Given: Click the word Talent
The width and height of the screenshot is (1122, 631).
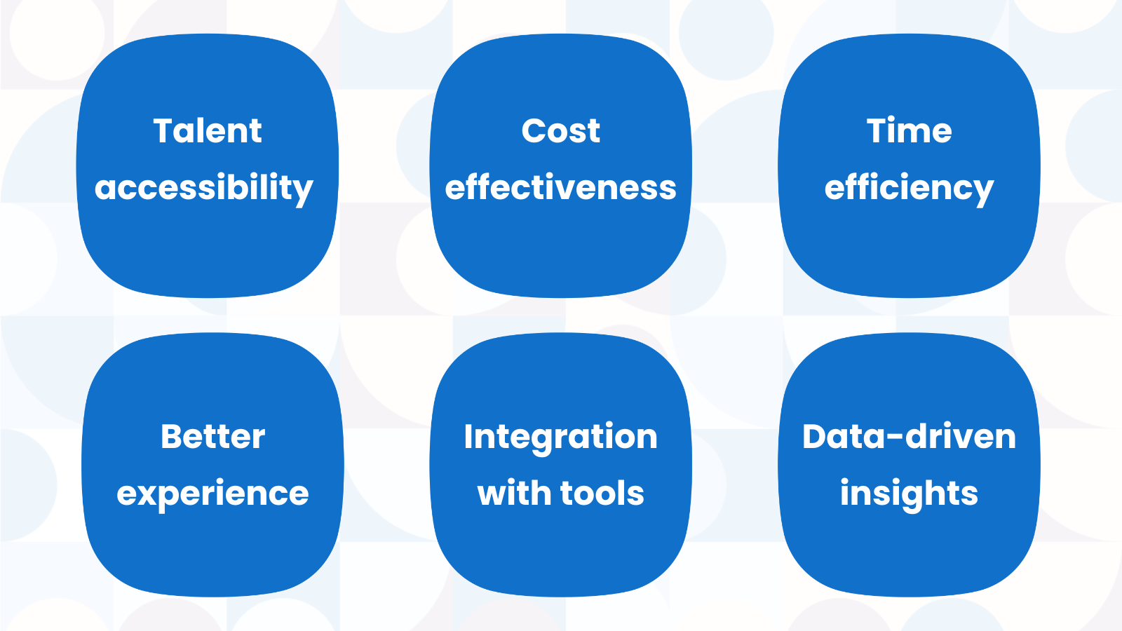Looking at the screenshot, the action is point(208,130).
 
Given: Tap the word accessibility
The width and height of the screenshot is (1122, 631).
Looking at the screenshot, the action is point(204,189).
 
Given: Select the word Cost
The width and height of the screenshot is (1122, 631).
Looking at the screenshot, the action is point(560,131).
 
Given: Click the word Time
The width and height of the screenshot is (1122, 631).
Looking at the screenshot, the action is point(909,130).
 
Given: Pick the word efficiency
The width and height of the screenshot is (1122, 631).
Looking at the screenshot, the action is point(909,189).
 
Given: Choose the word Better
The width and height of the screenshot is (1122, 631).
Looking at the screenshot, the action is point(213,437).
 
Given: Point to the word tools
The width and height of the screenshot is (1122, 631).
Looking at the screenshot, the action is point(602,493).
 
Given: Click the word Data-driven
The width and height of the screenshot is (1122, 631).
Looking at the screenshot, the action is point(909,437).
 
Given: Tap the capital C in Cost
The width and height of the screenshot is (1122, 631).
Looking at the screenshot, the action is point(534,131).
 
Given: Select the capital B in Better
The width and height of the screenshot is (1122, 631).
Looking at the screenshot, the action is point(172,437).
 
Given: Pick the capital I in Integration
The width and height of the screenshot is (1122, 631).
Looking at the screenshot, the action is point(468,437).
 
